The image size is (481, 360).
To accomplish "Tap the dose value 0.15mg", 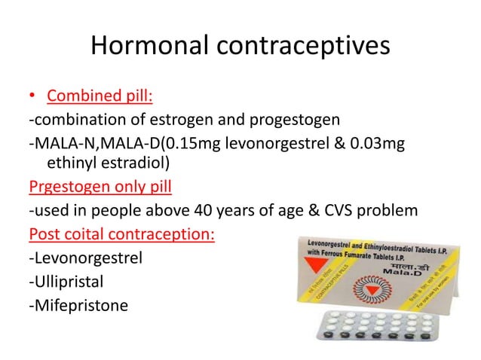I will pos(187,144).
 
